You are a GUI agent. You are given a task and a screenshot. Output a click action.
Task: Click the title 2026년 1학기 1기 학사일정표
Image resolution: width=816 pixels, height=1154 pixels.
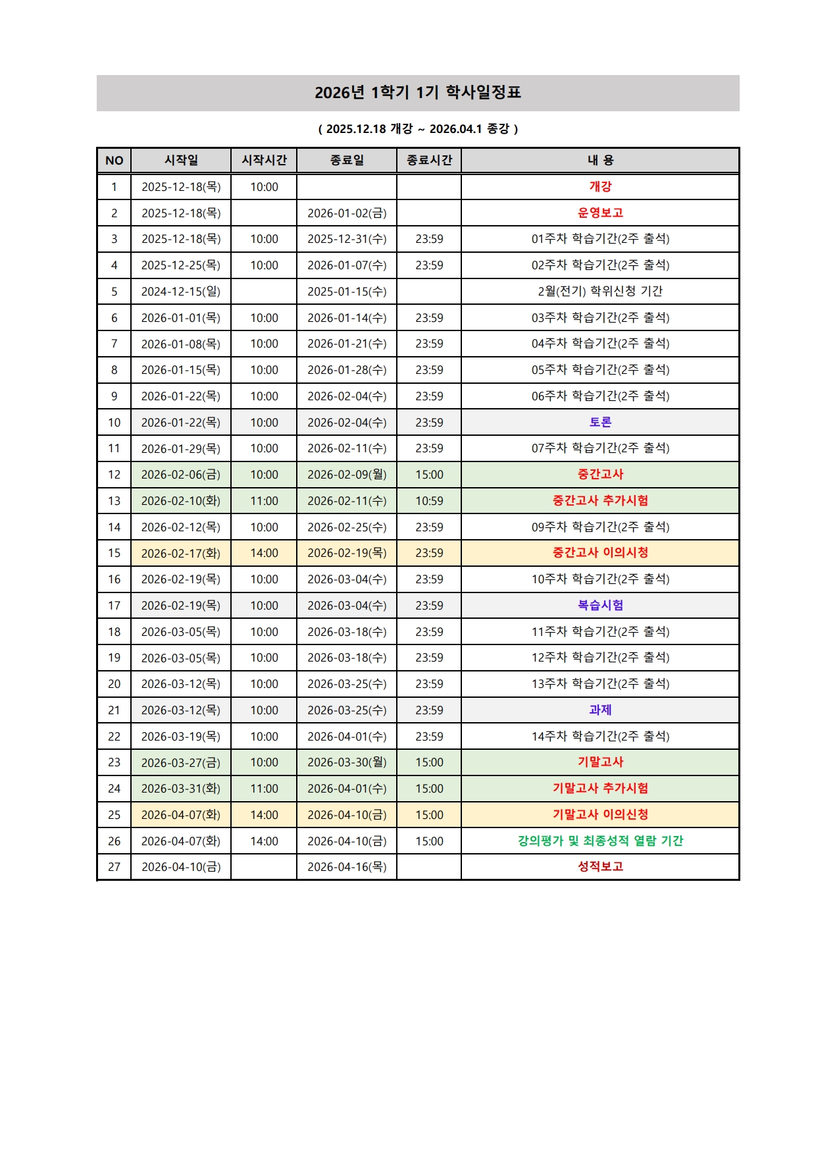[x=418, y=92]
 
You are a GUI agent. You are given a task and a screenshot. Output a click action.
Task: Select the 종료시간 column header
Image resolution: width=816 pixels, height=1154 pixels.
[x=429, y=160]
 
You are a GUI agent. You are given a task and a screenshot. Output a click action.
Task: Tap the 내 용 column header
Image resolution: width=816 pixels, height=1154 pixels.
[x=600, y=160]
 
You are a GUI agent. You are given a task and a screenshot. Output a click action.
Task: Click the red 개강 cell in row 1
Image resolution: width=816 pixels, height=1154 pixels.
[x=600, y=186]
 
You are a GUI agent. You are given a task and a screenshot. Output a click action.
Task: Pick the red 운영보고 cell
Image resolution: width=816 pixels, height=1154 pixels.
[x=600, y=213]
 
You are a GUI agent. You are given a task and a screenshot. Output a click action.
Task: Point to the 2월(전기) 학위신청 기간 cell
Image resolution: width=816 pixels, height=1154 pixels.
[x=600, y=291]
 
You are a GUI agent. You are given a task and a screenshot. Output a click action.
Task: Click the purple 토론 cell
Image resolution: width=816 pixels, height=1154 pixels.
[x=600, y=422]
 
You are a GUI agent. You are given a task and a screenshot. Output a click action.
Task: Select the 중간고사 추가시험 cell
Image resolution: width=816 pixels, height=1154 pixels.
[x=600, y=500]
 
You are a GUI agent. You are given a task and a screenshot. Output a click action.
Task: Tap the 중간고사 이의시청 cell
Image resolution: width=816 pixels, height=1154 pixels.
[x=600, y=553]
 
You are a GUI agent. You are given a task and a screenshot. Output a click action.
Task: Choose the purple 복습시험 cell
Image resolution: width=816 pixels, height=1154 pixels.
[x=600, y=605]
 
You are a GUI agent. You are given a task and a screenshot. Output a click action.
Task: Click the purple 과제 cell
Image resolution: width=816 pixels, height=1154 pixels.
[x=600, y=710]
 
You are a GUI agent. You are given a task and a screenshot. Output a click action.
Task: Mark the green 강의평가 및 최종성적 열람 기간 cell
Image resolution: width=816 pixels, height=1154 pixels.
[x=600, y=841]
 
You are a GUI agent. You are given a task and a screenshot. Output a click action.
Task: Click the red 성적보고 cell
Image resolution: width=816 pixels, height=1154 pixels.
[x=600, y=866]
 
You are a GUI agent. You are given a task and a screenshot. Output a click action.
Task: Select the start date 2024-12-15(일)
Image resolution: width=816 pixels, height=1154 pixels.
[x=181, y=291]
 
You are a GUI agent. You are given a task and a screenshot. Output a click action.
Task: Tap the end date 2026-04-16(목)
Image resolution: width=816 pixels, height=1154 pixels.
[x=347, y=867]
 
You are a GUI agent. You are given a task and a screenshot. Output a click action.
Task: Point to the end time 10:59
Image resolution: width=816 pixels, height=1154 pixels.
[x=429, y=501]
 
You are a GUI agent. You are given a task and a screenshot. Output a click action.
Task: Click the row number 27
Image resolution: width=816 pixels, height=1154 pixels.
[x=115, y=867]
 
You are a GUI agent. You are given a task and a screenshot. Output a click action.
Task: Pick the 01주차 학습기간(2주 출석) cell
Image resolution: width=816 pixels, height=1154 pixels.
[x=600, y=239]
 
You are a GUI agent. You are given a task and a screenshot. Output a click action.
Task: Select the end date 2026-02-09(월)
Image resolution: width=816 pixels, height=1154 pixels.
[x=347, y=475]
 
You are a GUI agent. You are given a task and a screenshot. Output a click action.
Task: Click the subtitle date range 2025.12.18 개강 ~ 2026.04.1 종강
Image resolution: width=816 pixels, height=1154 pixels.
[x=418, y=129]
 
